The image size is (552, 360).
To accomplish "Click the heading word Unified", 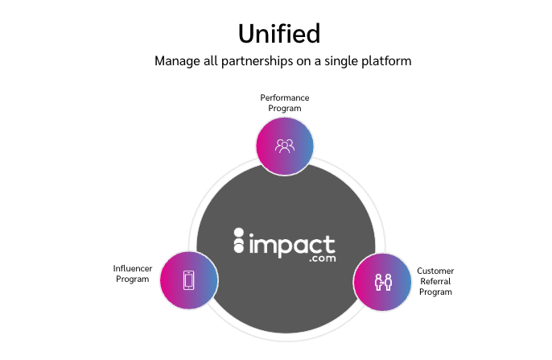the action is pyautogui.click(x=279, y=34).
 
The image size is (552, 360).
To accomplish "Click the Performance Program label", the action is pyautogui.click(x=285, y=103).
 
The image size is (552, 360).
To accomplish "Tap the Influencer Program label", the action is pyautogui.click(x=132, y=274).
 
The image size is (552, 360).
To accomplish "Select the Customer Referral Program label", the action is pyautogui.click(x=435, y=281).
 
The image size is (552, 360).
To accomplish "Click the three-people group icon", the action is pyautogui.click(x=285, y=146).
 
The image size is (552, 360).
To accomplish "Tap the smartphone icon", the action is pyautogui.click(x=188, y=280).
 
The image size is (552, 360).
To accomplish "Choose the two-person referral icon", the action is pyautogui.click(x=383, y=282).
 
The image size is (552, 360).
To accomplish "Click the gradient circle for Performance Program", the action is pyautogui.click(x=285, y=147).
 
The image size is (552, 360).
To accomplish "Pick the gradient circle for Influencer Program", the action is pyautogui.click(x=189, y=280).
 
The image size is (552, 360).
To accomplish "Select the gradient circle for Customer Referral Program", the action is pyautogui.click(x=382, y=282).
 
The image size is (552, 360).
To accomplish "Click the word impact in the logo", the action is pyautogui.click(x=292, y=245).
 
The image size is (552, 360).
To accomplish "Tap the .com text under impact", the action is pyautogui.click(x=323, y=259).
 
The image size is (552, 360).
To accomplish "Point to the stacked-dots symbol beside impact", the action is pyautogui.click(x=239, y=240).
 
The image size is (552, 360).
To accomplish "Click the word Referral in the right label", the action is pyautogui.click(x=435, y=281).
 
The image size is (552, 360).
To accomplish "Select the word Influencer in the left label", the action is pyautogui.click(x=132, y=268).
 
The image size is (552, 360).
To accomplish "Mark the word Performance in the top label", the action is pyautogui.click(x=285, y=97).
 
